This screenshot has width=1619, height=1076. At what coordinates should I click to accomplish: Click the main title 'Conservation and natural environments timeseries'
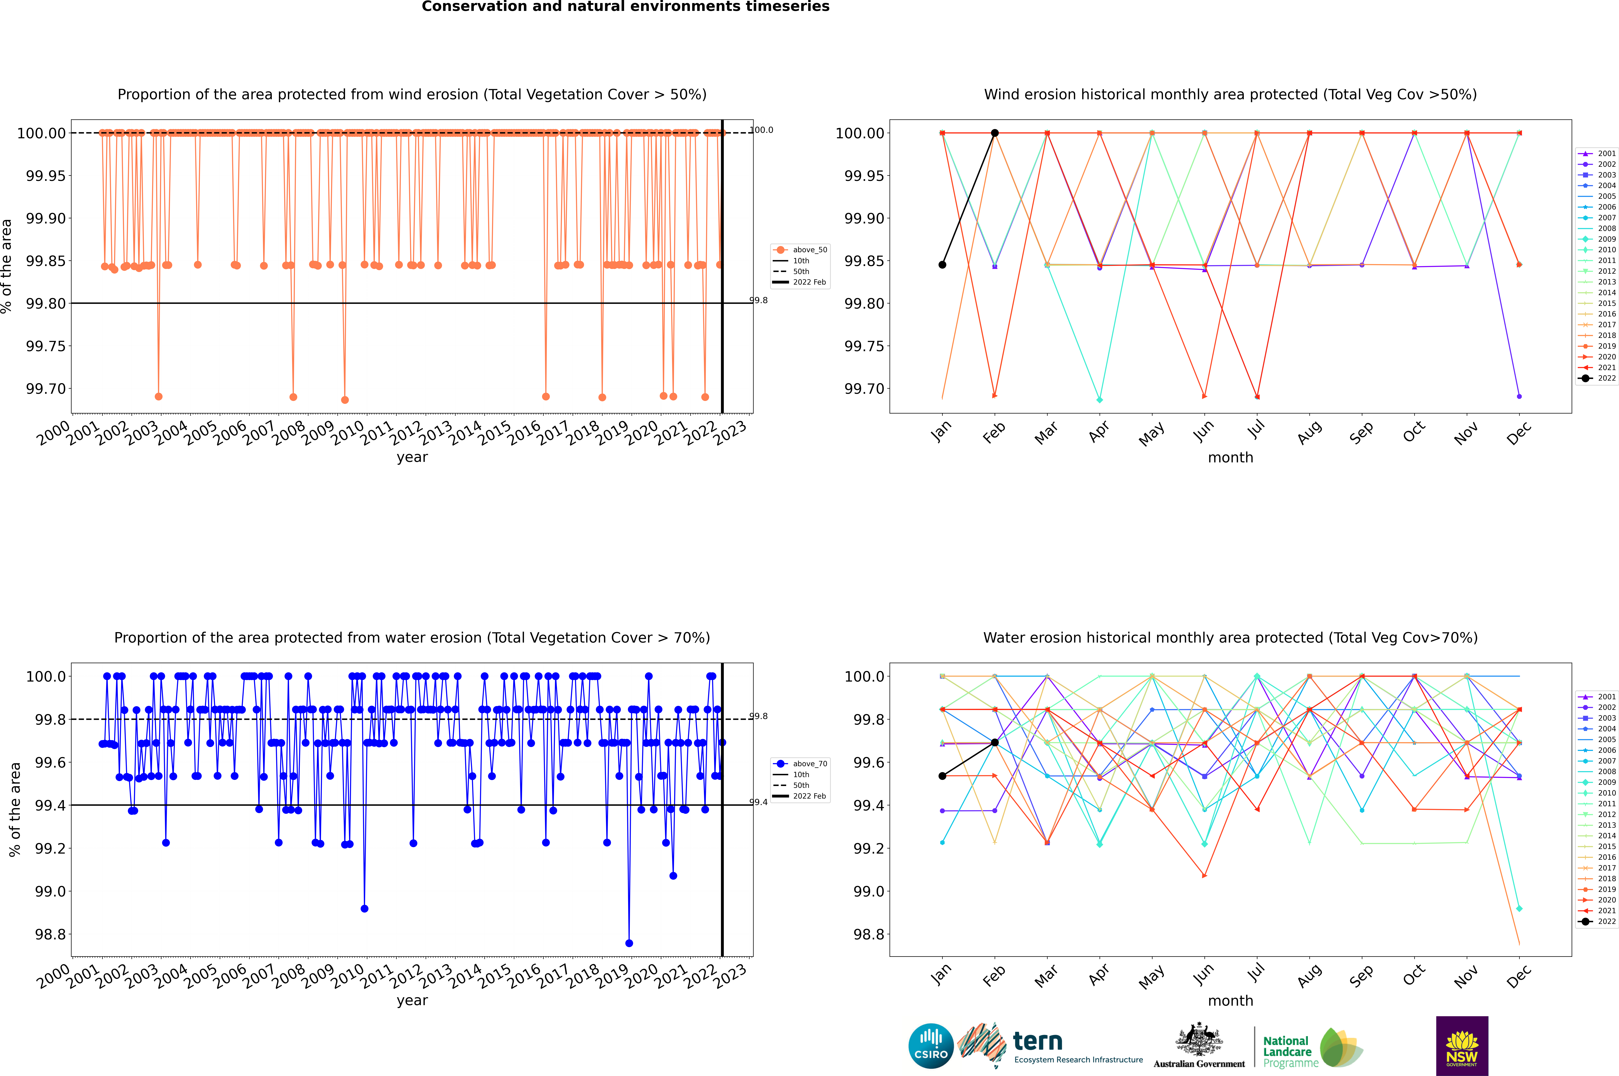[x=625, y=7]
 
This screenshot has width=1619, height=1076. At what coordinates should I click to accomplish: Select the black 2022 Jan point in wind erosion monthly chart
[x=942, y=265]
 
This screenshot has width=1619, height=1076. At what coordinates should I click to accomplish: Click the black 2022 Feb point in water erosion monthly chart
[x=994, y=743]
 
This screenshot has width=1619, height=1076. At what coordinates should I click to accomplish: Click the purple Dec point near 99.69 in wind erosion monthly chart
[x=1519, y=396]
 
